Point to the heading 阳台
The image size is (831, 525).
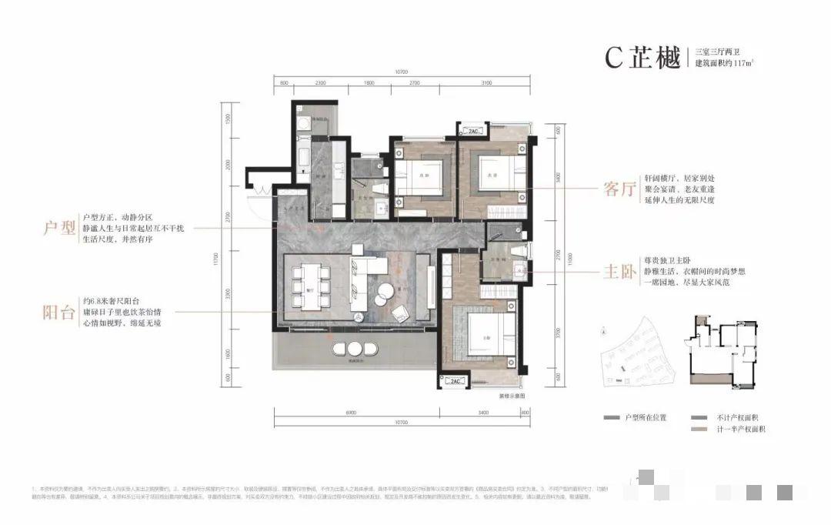coord(59,313)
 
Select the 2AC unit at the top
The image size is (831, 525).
coord(471,130)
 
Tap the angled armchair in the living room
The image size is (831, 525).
coord(400,313)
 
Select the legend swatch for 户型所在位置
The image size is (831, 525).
coord(612,416)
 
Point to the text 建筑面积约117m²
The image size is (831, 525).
coord(724,62)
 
